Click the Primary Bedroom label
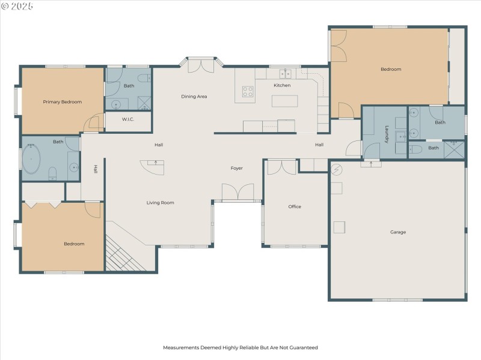click(62, 102)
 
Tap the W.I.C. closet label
click(127, 119)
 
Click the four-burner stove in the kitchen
click(248, 91)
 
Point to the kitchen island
click(285, 101)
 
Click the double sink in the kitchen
click(285, 74)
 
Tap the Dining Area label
click(194, 96)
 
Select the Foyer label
click(237, 168)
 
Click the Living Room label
click(160, 203)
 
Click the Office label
click(295, 206)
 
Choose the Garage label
click(398, 232)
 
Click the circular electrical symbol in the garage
click(337, 170)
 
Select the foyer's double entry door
click(238, 193)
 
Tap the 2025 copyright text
click(17, 6)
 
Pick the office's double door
click(281, 167)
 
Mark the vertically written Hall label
click(95, 170)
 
